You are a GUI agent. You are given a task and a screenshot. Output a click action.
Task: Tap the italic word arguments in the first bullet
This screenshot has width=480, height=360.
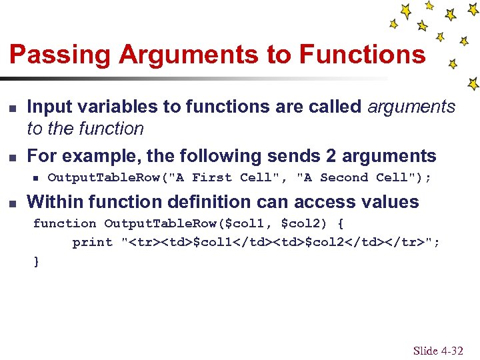(x=411, y=107)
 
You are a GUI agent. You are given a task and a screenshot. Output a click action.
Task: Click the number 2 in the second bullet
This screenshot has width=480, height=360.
(x=331, y=156)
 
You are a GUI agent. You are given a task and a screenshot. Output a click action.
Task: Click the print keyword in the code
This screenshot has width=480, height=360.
(x=93, y=243)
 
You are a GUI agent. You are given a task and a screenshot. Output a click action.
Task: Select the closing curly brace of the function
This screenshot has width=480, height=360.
(x=37, y=261)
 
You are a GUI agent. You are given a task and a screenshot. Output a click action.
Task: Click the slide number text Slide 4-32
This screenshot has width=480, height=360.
(x=437, y=350)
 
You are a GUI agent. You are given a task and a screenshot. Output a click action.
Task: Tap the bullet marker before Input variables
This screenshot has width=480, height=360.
(x=11, y=107)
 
